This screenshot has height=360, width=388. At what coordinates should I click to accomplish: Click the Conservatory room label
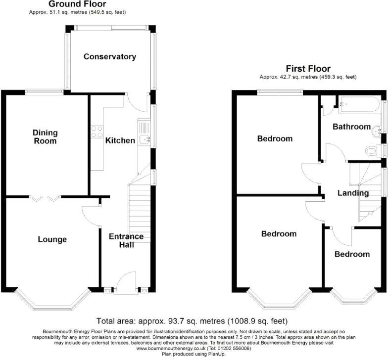[110, 56]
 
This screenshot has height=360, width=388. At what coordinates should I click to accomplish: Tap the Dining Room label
[45, 136]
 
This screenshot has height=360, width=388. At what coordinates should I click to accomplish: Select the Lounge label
[52, 239]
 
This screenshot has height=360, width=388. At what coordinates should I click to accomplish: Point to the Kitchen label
[120, 140]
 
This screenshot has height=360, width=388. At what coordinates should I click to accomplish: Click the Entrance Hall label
[126, 240]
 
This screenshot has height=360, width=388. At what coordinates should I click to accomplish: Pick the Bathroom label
[351, 127]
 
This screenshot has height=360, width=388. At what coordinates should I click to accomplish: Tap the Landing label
[353, 193]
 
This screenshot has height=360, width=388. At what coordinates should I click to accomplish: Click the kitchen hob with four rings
[97, 132]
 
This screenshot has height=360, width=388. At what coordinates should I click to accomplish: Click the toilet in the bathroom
[373, 150]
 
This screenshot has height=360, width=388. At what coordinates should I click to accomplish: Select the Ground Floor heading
[77, 4]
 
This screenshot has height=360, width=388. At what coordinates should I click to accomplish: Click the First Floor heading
[308, 68]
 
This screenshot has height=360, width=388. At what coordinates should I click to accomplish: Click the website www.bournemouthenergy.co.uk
[171, 348]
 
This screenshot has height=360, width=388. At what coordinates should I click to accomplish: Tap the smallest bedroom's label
[352, 254]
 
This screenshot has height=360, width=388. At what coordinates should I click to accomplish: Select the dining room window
[45, 92]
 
